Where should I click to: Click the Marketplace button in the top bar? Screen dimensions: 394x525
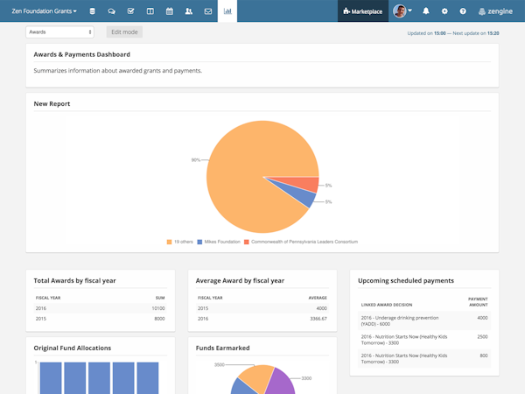363,11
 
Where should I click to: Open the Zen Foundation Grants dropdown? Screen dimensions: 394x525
45,11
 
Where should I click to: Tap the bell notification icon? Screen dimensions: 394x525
426,11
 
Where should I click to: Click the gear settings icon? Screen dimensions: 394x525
444,11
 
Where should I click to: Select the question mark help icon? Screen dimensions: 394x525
463,11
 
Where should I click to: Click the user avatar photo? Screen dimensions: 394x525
400,11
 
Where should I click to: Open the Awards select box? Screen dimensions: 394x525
59,32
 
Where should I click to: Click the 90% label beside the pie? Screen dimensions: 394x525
196,159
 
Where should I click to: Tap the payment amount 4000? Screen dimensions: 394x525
482,317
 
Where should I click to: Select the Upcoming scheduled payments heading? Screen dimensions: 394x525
405,281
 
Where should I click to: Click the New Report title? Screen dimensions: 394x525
52,104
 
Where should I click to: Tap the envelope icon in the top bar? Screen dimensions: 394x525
208,11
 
